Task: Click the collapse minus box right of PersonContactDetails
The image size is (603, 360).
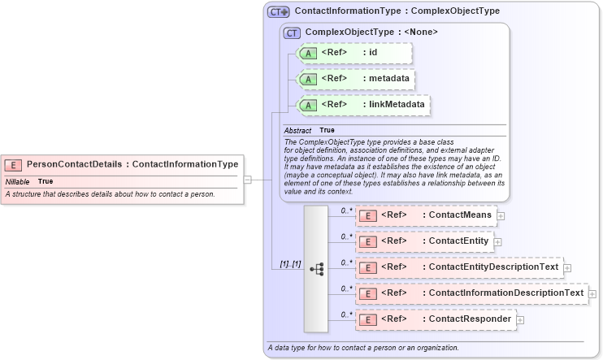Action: pyautogui.click(x=248, y=180)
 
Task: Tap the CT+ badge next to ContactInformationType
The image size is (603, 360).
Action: pyautogui.click(x=279, y=12)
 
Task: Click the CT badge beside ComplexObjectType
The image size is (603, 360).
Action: pyautogui.click(x=292, y=33)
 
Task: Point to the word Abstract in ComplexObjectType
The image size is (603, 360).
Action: pyautogui.click(x=297, y=130)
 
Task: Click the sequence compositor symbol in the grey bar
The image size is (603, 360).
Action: pyautogui.click(x=316, y=267)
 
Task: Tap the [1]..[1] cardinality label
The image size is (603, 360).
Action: pyautogui.click(x=290, y=264)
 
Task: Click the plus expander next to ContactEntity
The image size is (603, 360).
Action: pyautogui.click(x=497, y=241)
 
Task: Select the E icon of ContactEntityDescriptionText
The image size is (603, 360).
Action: pyautogui.click(x=367, y=267)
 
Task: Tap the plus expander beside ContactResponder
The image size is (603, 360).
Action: pyautogui.click(x=520, y=319)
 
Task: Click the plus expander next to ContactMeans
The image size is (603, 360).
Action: pyautogui.click(x=501, y=215)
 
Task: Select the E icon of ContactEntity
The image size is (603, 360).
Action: pyautogui.click(x=367, y=241)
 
